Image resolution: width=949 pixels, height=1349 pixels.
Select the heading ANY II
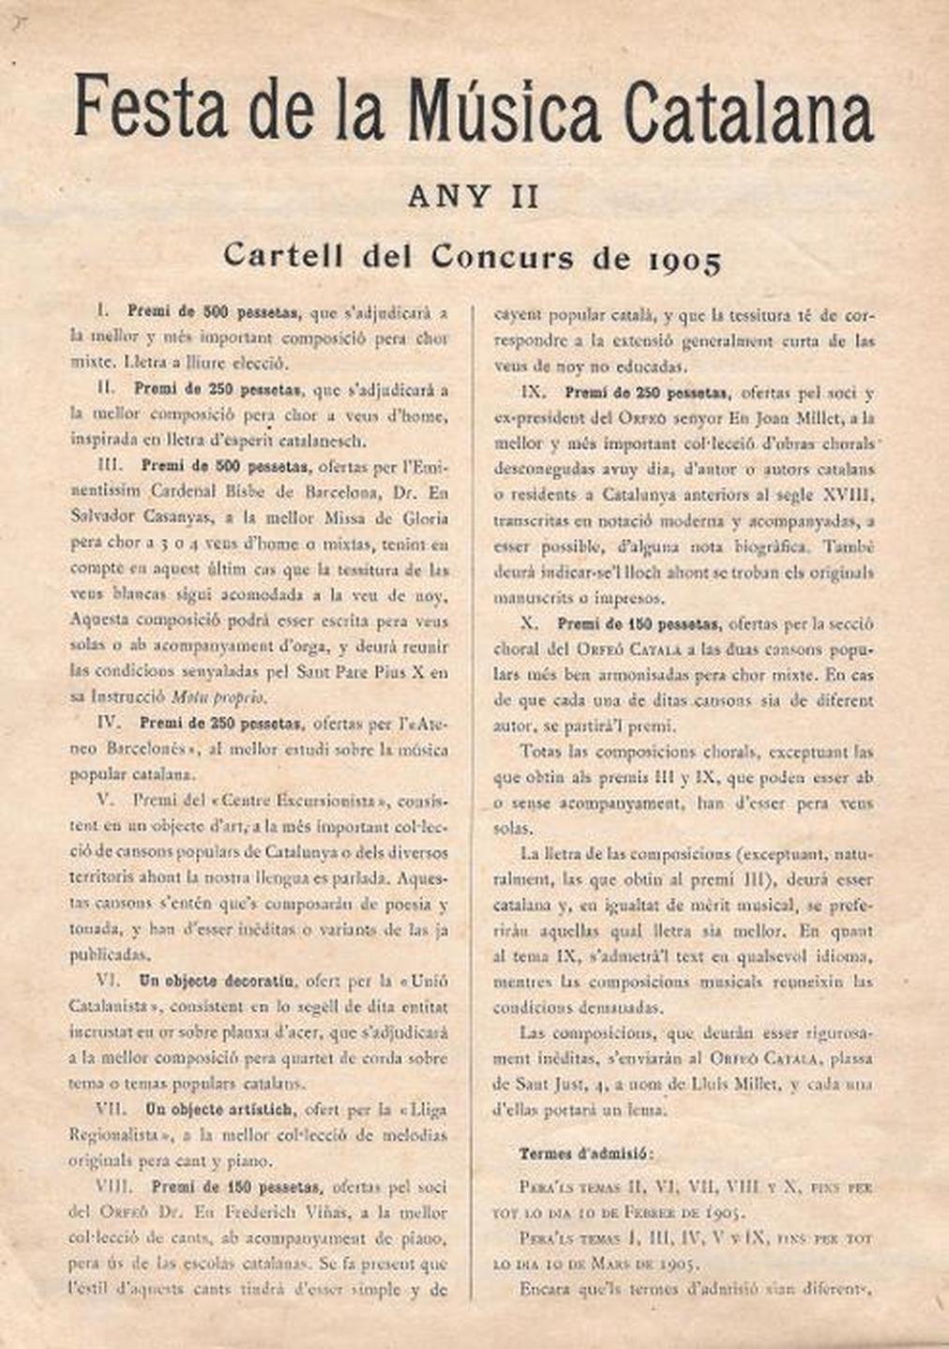(x=474, y=197)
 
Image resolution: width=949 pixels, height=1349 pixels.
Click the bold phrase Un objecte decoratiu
(x=218, y=982)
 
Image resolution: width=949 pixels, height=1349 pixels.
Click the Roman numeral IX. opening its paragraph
(x=532, y=393)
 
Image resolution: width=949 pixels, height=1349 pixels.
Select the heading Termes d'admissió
(x=587, y=1153)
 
